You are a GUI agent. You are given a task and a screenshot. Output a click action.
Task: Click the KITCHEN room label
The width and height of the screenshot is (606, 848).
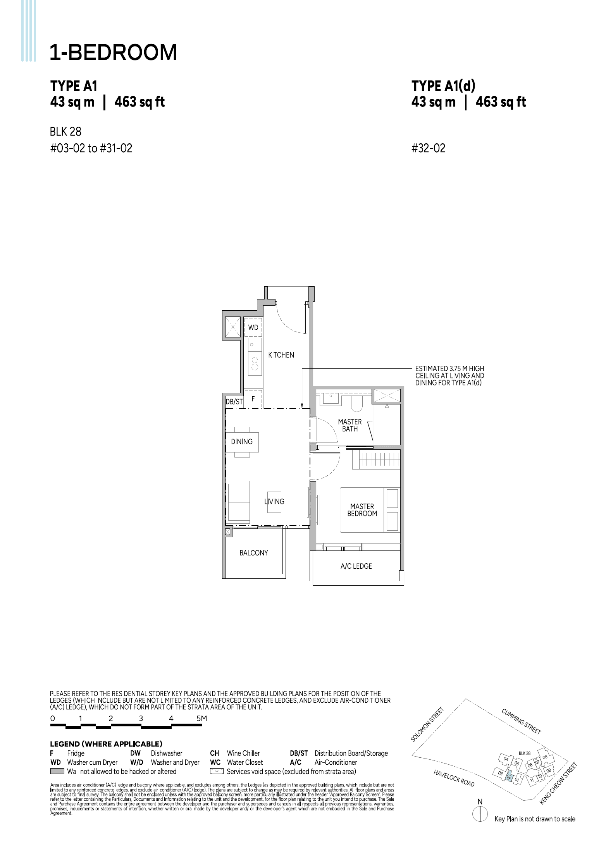coord(281,355)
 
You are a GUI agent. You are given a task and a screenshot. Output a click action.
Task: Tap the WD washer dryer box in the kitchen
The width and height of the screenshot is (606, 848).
coord(253,327)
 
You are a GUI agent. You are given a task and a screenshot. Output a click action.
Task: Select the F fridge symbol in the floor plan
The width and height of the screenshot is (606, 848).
coord(253,398)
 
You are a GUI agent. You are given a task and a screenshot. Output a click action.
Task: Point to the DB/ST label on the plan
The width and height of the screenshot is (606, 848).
coord(234,402)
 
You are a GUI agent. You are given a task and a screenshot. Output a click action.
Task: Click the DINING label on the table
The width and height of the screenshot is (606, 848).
coord(242,442)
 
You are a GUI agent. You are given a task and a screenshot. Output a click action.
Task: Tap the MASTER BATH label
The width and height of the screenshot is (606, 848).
coord(349,425)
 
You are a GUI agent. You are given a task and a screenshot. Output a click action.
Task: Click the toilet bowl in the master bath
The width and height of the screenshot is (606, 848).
coord(356,403)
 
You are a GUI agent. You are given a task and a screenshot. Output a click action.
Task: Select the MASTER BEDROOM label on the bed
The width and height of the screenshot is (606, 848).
coord(362,510)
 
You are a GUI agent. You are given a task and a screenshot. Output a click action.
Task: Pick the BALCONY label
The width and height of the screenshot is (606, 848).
coord(253,553)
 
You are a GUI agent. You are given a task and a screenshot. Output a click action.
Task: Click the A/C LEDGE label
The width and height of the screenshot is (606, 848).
coord(356,566)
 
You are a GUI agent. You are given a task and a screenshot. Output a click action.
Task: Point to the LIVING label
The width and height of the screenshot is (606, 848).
coord(274,502)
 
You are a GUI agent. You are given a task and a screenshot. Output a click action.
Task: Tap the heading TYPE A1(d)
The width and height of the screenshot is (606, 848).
coord(443,86)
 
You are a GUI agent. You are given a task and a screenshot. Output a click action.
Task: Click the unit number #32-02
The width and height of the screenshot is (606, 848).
coord(428,148)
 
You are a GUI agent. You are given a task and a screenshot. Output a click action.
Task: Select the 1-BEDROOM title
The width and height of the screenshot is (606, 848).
coord(113,52)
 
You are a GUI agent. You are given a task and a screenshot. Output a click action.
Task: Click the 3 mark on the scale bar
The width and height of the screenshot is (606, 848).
coord(141,718)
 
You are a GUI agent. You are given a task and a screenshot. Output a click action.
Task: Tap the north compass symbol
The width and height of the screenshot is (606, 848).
coord(480,814)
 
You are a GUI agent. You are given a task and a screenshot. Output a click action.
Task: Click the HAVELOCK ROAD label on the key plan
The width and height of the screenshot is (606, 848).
coord(454,778)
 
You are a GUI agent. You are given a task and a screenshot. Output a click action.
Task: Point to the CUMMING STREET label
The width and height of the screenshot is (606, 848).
coord(521,721)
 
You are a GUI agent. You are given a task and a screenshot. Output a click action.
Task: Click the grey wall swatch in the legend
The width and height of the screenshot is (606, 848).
coord(57,771)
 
